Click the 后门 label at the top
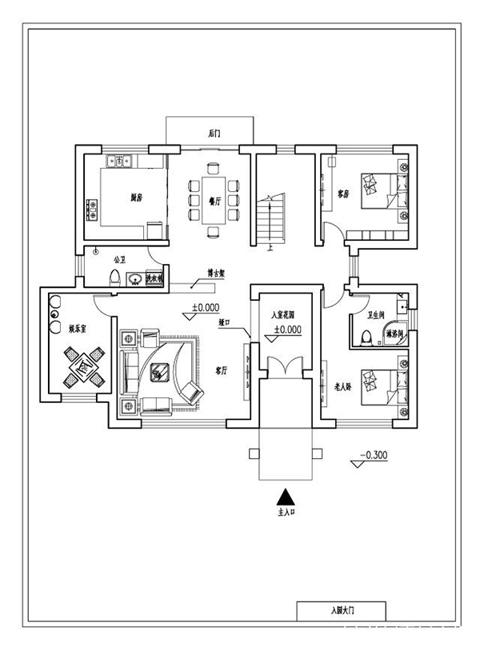213,133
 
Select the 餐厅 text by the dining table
214,202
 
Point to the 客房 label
343,193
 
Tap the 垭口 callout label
226,322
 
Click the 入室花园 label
285,315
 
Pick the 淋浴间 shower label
394,333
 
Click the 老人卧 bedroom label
344,386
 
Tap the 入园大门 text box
341,611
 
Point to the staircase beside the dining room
274,220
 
